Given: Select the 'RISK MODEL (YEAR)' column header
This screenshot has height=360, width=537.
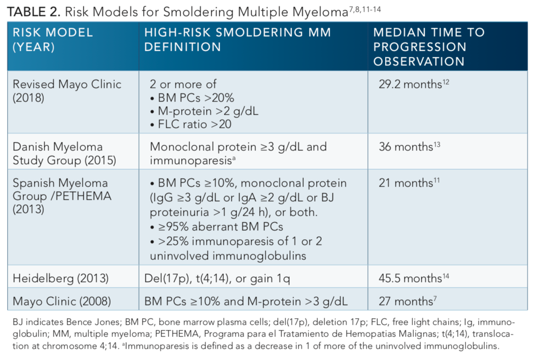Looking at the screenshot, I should (53, 39).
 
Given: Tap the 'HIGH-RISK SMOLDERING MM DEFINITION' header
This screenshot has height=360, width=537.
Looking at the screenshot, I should (237, 39).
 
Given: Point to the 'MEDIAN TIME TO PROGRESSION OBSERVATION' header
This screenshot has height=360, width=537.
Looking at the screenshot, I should (428, 47).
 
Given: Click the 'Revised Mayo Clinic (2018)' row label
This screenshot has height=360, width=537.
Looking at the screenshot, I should (67, 92).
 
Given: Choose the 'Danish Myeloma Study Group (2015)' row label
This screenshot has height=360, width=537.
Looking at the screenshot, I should (64, 154).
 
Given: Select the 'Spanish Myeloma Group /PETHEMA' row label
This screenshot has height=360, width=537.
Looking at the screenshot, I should (62, 196).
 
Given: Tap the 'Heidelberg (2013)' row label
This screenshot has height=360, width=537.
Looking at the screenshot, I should (61, 279).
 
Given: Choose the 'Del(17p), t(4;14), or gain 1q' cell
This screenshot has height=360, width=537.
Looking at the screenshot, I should (217, 279).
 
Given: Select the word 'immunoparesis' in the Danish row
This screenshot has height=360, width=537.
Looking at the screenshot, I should (190, 161).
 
